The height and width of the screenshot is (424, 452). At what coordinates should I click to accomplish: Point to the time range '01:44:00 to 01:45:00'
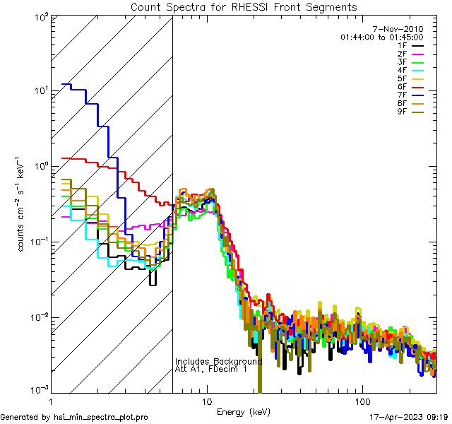click(381, 37)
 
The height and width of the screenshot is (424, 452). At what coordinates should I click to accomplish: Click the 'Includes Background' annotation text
click(218, 361)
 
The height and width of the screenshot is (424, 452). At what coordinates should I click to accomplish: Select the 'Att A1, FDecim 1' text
click(211, 370)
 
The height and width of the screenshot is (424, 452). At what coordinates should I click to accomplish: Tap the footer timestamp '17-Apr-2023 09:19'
click(408, 417)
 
